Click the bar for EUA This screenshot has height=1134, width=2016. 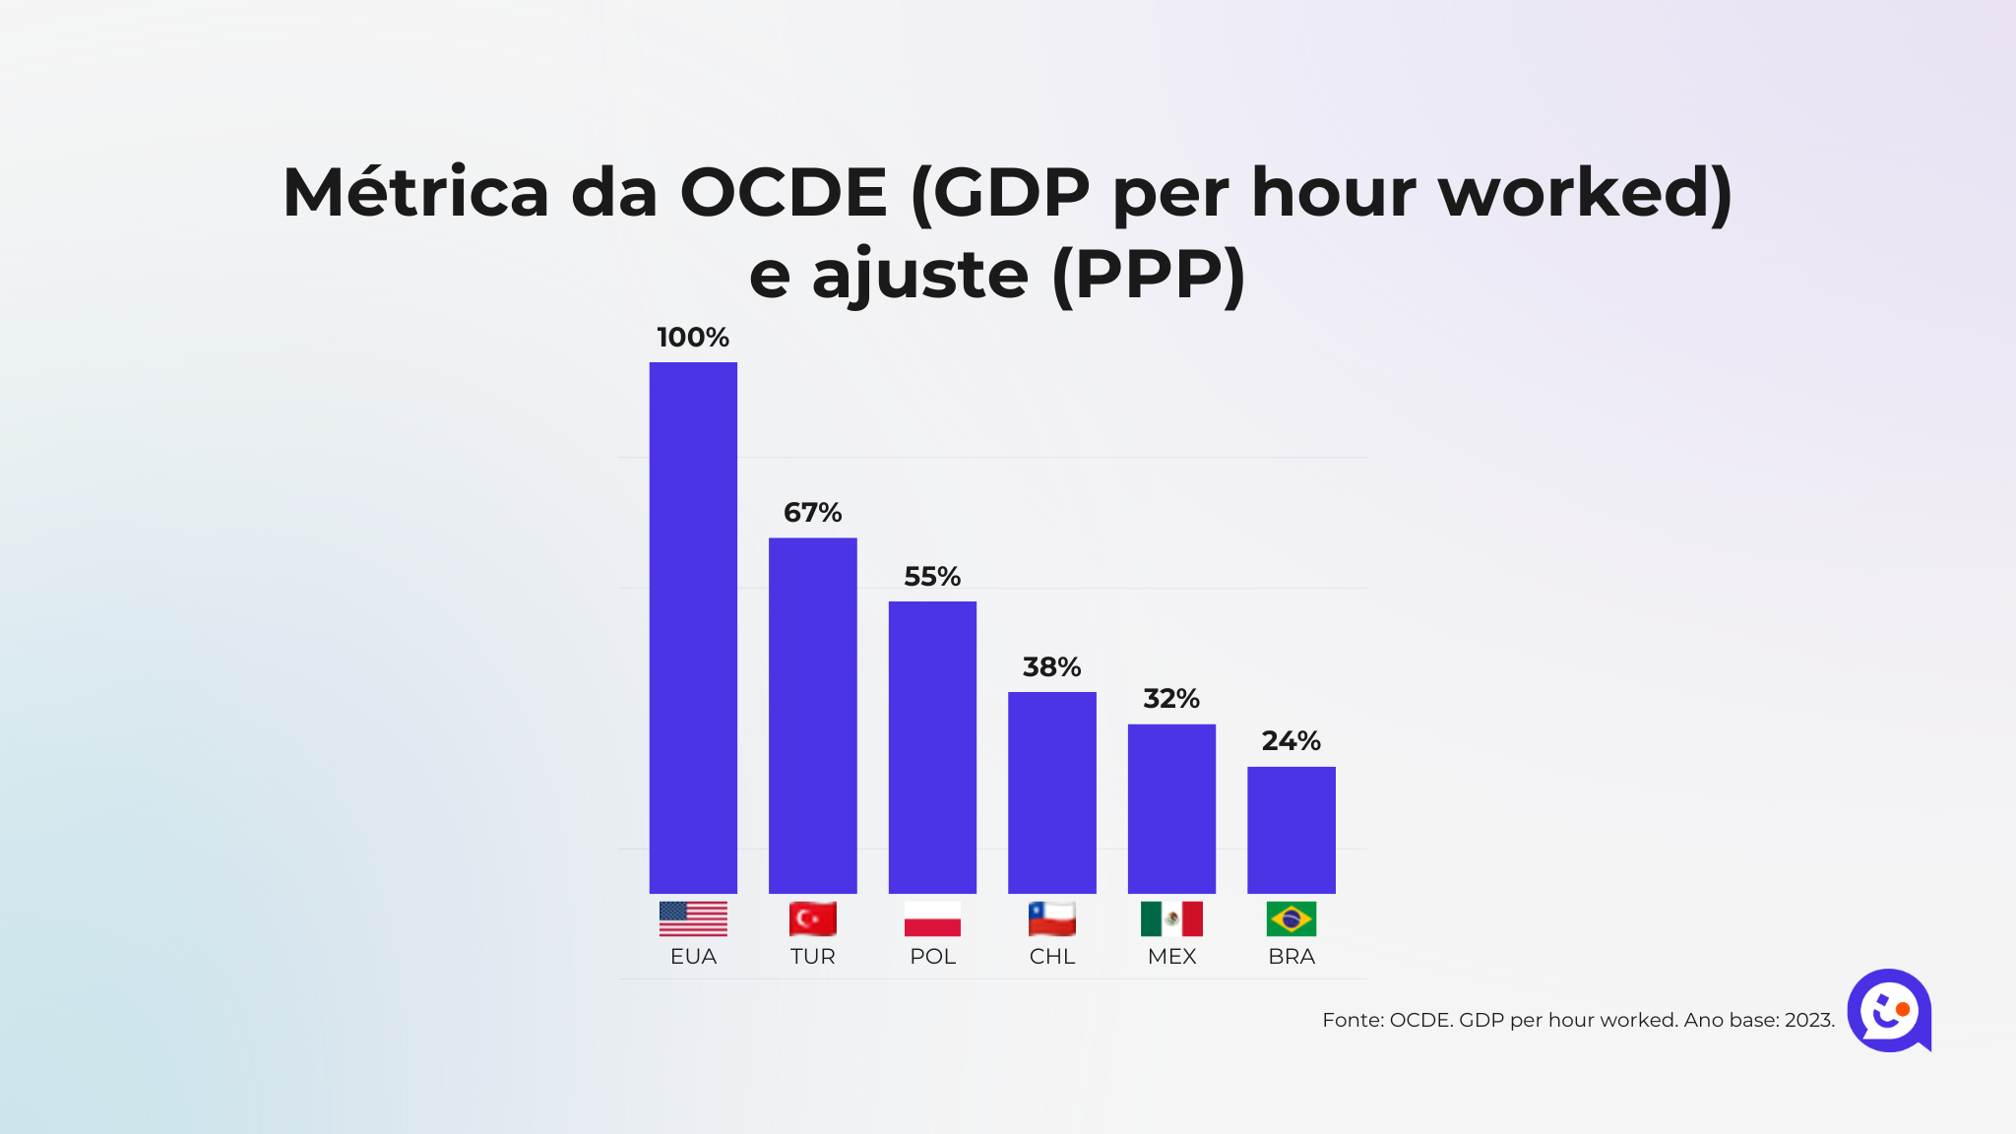693,627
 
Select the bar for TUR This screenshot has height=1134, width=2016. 812,715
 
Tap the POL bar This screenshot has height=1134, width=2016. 932,747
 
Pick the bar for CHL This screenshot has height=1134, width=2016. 1051,792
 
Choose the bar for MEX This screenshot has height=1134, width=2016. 1171,808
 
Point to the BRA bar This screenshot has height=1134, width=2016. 1291,830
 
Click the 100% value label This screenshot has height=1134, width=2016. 693,338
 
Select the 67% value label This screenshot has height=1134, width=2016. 812,513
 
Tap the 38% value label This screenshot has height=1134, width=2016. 1051,667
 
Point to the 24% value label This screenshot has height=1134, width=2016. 1291,741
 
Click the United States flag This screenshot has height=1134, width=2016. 693,918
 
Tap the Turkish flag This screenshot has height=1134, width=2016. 812,918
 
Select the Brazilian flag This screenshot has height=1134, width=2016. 1291,918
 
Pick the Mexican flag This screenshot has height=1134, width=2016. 1171,918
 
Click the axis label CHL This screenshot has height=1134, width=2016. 1051,957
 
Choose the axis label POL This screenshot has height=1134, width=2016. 932,957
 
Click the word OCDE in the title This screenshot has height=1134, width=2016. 784,192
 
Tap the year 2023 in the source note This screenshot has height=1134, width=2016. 1808,1021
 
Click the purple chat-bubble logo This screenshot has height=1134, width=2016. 1888,1010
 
